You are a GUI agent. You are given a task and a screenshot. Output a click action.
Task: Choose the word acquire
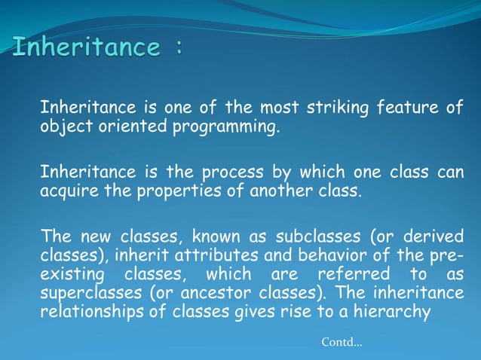click(67, 189)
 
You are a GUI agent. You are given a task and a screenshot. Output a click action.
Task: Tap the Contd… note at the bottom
click(341, 343)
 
